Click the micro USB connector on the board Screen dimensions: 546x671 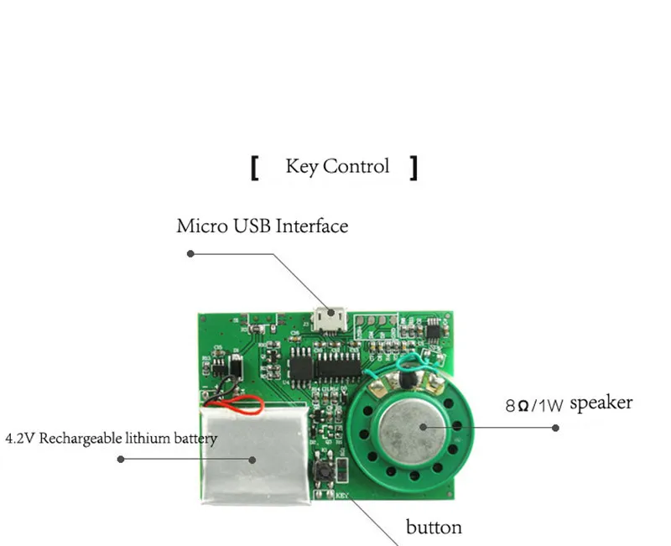tap(328, 317)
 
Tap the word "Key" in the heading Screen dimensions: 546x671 tap(302, 166)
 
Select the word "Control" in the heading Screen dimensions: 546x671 tap(356, 166)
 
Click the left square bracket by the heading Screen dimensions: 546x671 tap(254, 167)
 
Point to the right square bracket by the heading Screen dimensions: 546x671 tap(413, 167)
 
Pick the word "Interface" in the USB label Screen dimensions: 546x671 tap(311, 226)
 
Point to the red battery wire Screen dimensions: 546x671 tap(239, 409)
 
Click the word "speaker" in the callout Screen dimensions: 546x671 tap(601, 403)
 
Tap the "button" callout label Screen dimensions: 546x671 tap(434, 528)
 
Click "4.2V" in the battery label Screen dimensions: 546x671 tap(20, 439)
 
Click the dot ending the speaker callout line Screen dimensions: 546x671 tap(555, 428)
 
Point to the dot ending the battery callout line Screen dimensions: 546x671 tap(121, 459)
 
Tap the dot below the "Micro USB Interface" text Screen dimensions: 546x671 tap(190, 252)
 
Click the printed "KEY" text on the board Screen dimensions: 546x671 tap(341, 495)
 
